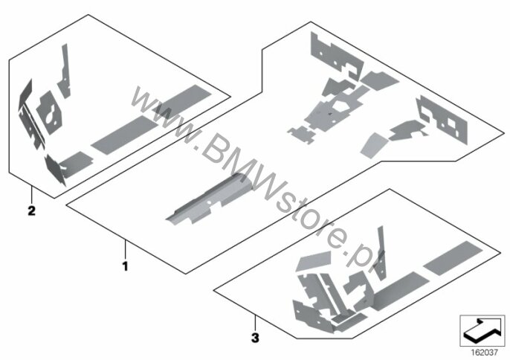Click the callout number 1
tap(125, 266)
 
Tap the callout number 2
tap(31, 210)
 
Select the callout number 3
tap(256, 338)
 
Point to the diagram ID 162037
tap(484, 352)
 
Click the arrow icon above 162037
tap(482, 331)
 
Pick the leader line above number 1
tap(125, 248)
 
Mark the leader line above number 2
tap(31, 193)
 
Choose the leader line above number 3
tap(256, 323)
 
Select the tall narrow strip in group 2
tap(65, 71)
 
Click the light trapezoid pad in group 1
tap(374, 145)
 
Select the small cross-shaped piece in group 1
tap(302, 135)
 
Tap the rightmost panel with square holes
tap(443, 119)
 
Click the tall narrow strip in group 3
tap(381, 253)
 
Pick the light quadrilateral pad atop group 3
tap(314, 261)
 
